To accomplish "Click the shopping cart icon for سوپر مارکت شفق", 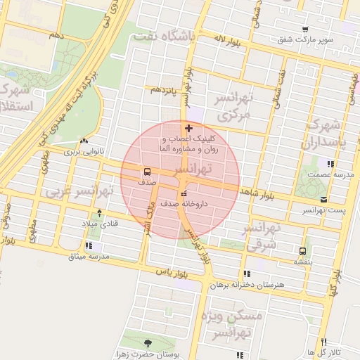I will click(304, 30).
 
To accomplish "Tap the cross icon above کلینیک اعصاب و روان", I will click(188, 128).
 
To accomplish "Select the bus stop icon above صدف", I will click(147, 171).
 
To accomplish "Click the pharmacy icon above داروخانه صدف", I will click(184, 193).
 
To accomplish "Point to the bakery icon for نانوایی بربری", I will click(84, 141).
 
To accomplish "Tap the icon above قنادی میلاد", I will click(99, 213).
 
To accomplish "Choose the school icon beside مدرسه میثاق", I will click(87, 246).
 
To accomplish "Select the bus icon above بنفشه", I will click(303, 250).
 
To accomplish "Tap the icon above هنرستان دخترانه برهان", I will click(245, 274).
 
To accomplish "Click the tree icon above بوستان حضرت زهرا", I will click(148, 343).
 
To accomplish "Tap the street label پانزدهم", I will click(163, 90).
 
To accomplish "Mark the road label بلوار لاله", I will click(229, 43).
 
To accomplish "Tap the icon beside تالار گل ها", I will click(309, 352).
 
